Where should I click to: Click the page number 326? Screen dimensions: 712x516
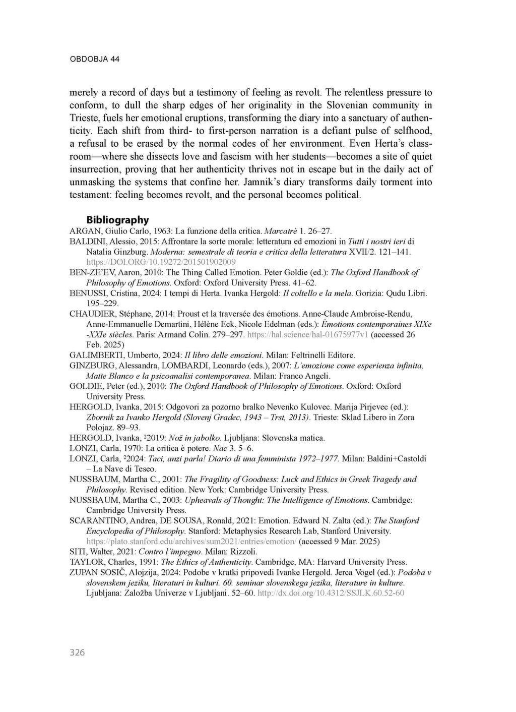[x=77, y=652]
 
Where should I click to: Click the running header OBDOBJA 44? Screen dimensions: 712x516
[x=94, y=59]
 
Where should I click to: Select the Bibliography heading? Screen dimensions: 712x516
[x=117, y=220]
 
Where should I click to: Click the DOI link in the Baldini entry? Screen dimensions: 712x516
[x=161, y=262]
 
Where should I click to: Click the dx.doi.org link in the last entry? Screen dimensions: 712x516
[x=331, y=593]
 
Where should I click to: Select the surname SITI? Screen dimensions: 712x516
[x=77, y=551]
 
